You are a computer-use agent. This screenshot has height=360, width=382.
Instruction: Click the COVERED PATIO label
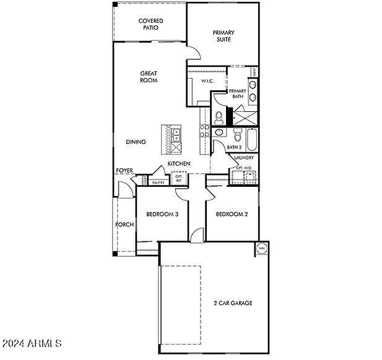(x=150, y=24)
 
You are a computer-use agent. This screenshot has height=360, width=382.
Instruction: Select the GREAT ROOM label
(x=149, y=77)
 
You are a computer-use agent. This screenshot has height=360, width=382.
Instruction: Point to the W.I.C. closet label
(x=207, y=81)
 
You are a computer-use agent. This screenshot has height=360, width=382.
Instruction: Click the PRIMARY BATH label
(x=238, y=93)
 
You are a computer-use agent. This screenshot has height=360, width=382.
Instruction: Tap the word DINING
(x=136, y=142)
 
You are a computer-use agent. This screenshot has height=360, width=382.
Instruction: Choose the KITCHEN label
(x=179, y=163)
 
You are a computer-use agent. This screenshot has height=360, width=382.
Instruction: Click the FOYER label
(x=124, y=171)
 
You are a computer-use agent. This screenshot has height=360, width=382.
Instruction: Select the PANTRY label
(x=158, y=182)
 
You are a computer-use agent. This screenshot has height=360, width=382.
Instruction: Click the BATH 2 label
(x=233, y=147)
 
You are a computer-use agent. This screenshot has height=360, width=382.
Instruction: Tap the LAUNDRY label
(x=244, y=158)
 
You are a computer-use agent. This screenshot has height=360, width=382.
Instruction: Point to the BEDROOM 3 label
(x=162, y=215)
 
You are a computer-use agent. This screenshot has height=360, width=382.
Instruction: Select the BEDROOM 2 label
(x=232, y=215)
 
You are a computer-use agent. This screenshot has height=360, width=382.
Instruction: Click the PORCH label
(x=124, y=224)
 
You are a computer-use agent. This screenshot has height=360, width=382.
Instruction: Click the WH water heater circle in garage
(x=261, y=249)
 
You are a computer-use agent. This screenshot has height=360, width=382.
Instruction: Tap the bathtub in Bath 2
(x=252, y=139)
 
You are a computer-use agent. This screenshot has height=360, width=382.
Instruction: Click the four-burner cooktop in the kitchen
(x=204, y=129)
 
